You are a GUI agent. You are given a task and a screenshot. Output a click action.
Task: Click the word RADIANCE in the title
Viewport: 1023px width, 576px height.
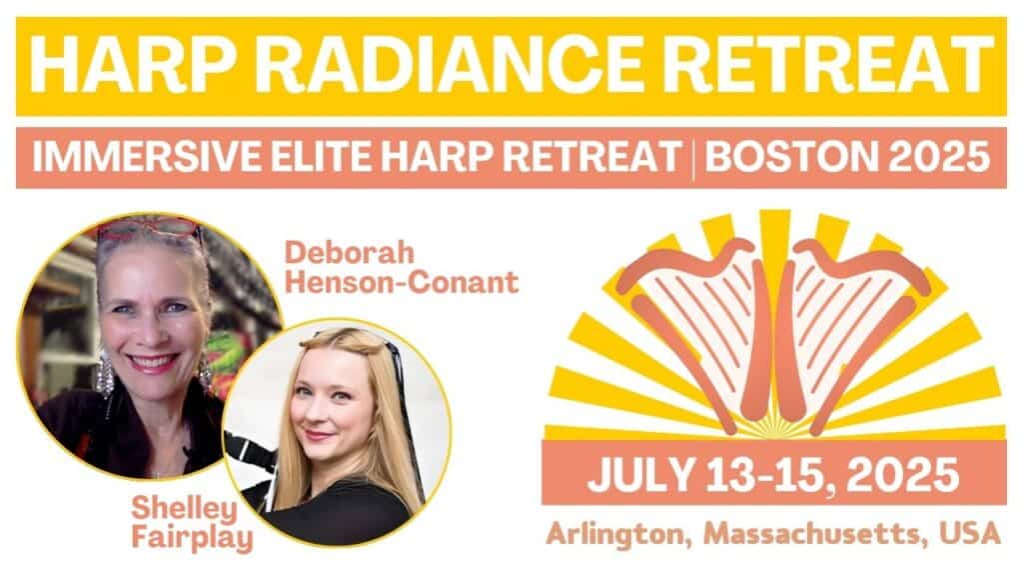pyautogui.click(x=454, y=64)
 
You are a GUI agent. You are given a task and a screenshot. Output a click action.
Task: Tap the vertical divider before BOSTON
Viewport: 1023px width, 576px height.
pyautogui.click(x=693, y=157)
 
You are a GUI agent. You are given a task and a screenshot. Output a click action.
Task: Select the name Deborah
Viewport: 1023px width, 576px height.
pyautogui.click(x=349, y=252)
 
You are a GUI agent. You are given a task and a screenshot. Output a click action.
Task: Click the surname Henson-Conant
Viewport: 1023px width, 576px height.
pyautogui.click(x=402, y=282)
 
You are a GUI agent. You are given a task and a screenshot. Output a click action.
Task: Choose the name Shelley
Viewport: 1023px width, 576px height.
pyautogui.click(x=185, y=510)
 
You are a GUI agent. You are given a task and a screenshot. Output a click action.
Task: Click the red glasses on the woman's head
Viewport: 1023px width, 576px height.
pyautogui.click(x=149, y=229)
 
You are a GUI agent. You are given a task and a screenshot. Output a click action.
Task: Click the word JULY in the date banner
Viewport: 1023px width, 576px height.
pyautogui.click(x=641, y=475)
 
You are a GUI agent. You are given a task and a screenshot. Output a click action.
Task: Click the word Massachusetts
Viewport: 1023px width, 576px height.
pyautogui.click(x=815, y=534)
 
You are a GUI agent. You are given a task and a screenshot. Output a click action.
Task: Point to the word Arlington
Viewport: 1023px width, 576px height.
pyautogui.click(x=619, y=535)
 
